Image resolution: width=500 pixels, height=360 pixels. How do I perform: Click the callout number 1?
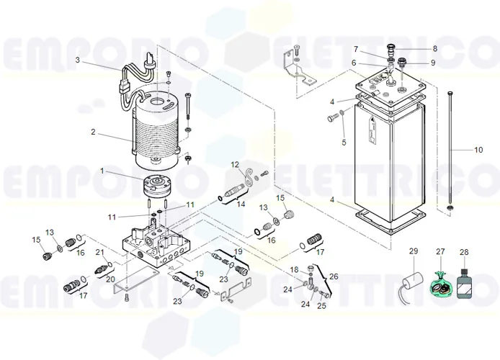(102, 171)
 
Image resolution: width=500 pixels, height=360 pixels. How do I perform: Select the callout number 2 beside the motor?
(93, 132)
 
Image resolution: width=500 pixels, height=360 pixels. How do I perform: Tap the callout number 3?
(77, 60)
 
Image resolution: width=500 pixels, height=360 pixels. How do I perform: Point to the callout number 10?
(478, 150)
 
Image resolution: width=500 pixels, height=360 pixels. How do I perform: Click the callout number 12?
(233, 165)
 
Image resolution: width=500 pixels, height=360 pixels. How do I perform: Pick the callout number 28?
(464, 251)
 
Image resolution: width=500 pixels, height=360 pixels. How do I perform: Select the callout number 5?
(344, 143)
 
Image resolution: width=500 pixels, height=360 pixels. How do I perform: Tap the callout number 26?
(333, 276)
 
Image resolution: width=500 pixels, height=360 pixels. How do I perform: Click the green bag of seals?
(440, 286)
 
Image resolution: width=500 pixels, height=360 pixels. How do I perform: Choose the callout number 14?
(241, 204)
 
